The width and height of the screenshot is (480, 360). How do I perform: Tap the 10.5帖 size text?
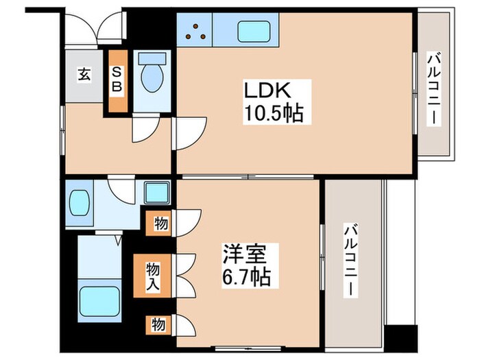[272, 113]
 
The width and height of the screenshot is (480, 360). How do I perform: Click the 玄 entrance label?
[83, 75]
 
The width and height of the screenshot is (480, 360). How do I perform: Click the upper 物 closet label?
[159, 223]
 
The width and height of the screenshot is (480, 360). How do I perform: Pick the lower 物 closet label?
[159, 324]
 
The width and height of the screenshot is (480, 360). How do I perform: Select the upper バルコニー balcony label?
[433, 90]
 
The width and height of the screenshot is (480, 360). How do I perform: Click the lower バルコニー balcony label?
[350, 260]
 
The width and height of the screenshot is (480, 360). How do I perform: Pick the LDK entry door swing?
[189, 130]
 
